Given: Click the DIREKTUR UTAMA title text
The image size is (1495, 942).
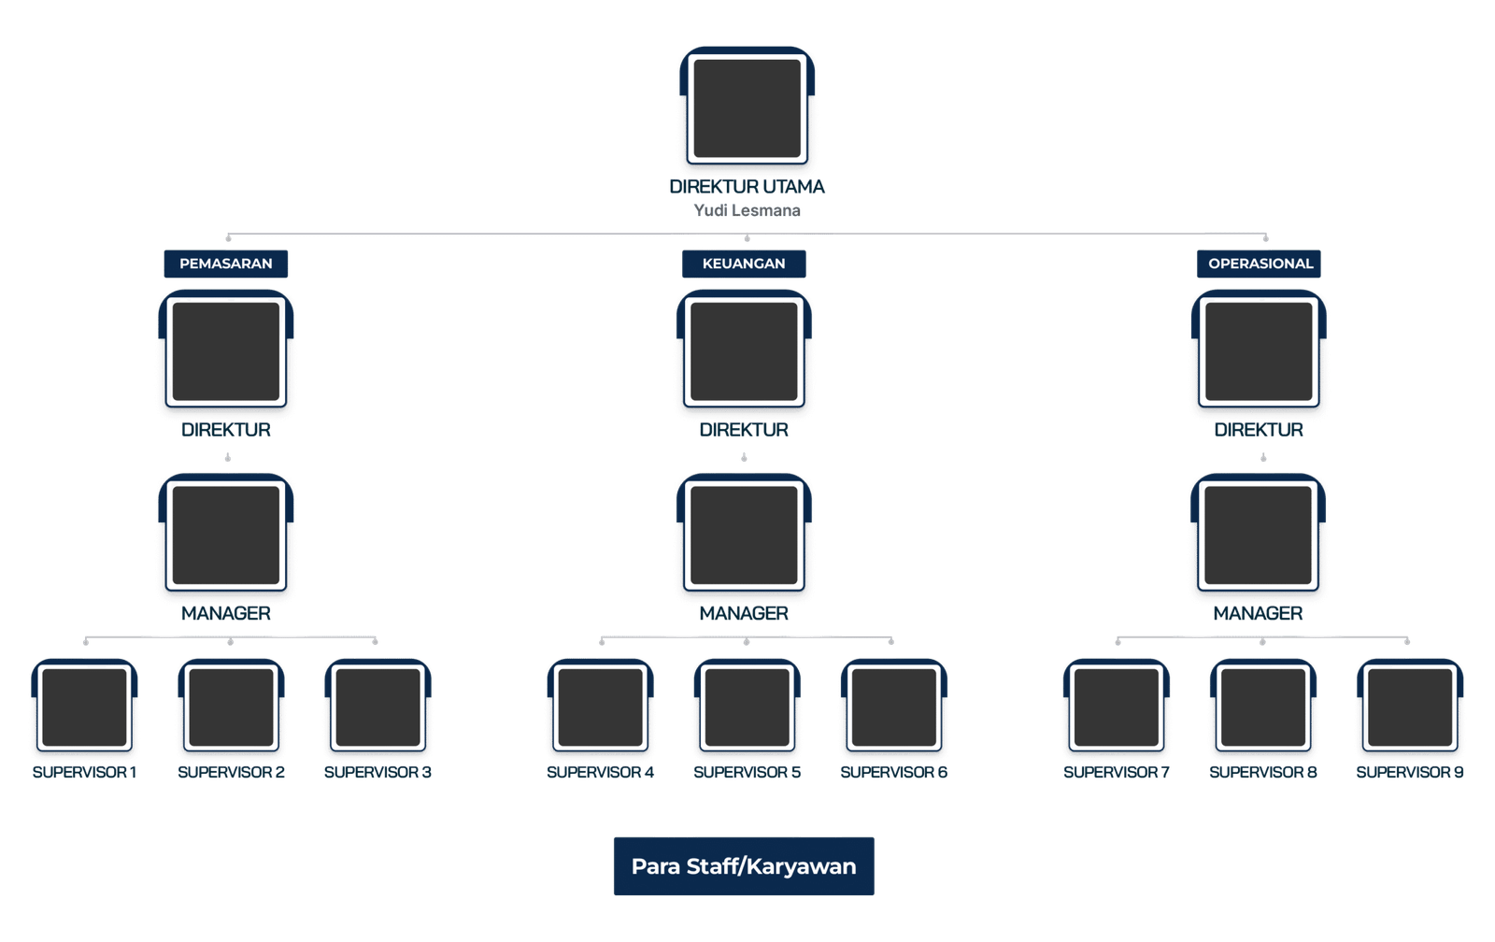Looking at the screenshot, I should point(747,187).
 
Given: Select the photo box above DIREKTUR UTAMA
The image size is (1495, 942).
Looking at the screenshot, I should point(747,107).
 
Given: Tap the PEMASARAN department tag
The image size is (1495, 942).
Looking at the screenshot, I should point(226,264).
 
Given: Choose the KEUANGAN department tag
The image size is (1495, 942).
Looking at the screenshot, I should point(744,264).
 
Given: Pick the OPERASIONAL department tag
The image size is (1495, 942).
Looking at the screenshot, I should point(1260,264).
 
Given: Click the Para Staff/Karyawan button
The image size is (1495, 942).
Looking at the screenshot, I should point(744,866).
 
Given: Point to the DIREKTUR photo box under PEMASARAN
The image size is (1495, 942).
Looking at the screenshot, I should point(226,352).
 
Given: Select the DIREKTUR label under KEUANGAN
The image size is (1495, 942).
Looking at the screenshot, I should point(744,431).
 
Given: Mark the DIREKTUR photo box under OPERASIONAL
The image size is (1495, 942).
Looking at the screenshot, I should point(1260,352).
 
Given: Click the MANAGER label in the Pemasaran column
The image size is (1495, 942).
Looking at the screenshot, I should point(226,614).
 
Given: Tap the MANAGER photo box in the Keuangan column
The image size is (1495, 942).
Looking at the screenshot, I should point(744,535).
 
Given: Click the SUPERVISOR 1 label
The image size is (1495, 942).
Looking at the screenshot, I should point(85,773).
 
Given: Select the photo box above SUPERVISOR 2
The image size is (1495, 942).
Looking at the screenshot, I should point(231,707).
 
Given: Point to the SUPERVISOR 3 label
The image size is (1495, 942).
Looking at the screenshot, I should point(377,773).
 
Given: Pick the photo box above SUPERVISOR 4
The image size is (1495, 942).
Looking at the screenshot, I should point(600,707).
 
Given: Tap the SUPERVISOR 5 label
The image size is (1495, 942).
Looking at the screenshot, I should point(747,773).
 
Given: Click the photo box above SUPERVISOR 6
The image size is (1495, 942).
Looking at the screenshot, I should point(893,707).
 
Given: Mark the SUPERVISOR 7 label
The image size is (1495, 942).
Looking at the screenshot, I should point(1117,773).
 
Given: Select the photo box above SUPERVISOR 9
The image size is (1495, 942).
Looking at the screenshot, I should point(1410,707).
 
